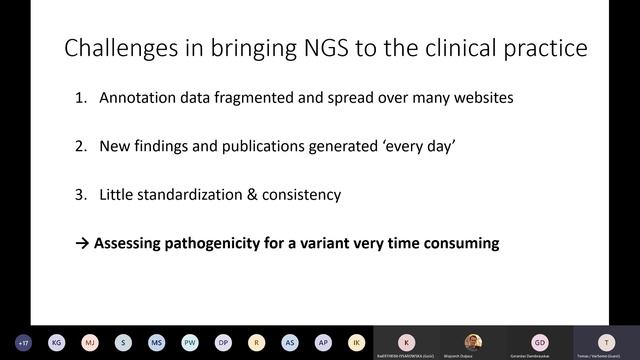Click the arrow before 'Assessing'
tap(83, 243)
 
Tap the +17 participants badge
tap(23, 341)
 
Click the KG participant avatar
tap(56, 341)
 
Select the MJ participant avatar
tap(89, 341)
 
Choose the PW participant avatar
tap(190, 341)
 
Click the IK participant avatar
tap(357, 341)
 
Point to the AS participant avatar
tap(290, 341)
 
